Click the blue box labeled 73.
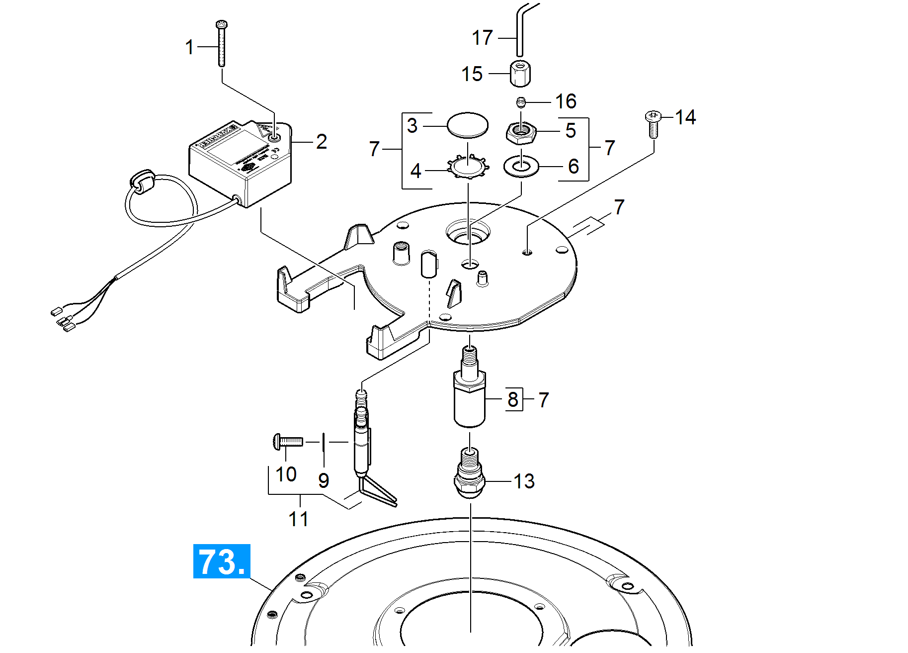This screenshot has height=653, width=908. click(x=221, y=561)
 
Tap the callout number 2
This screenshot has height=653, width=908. click(x=322, y=142)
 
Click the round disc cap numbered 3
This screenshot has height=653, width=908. click(x=467, y=125)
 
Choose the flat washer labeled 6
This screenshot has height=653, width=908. click(x=521, y=166)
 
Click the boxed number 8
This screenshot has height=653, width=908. click(x=513, y=399)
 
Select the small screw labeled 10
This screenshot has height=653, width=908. click(x=288, y=441)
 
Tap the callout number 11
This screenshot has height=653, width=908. click(x=298, y=519)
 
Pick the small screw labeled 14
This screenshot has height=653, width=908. click(x=653, y=123)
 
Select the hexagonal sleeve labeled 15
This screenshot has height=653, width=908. click(x=520, y=73)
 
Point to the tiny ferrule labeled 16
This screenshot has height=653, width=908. click(x=520, y=102)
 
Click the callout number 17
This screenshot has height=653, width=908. click(x=482, y=38)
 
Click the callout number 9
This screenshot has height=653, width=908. click(x=324, y=480)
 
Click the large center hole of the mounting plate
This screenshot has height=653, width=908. click(x=468, y=233)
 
